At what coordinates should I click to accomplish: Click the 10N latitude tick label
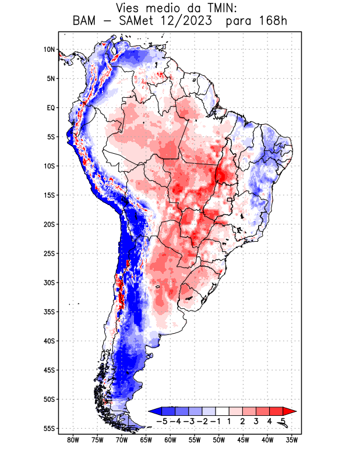click(x=49, y=50)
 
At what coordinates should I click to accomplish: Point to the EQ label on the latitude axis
click(x=51, y=108)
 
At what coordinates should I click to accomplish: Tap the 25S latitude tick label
click(x=49, y=253)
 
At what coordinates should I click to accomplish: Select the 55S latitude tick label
click(x=49, y=429)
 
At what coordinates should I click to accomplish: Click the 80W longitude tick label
click(x=73, y=440)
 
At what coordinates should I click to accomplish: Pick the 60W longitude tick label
click(x=170, y=440)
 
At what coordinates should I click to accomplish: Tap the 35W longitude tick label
click(x=292, y=440)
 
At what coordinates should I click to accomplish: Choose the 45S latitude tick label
click(x=49, y=370)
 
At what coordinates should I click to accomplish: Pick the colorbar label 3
click(x=257, y=421)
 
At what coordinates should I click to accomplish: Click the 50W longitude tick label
click(x=219, y=440)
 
